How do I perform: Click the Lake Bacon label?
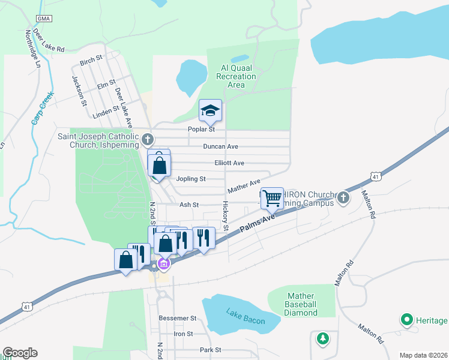[x=246, y=316]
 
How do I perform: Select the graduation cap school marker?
[x=210, y=110]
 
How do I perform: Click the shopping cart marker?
[x=273, y=197]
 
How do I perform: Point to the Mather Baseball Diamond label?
[x=302, y=304]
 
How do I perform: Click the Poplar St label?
[x=203, y=129]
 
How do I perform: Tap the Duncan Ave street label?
[x=220, y=146]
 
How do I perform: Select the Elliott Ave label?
[x=229, y=163]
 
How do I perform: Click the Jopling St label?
[x=191, y=179]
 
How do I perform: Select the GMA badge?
[x=44, y=19]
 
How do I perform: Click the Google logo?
[x=20, y=353]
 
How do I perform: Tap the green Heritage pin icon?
[x=407, y=320]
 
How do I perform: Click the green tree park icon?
[x=323, y=339]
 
